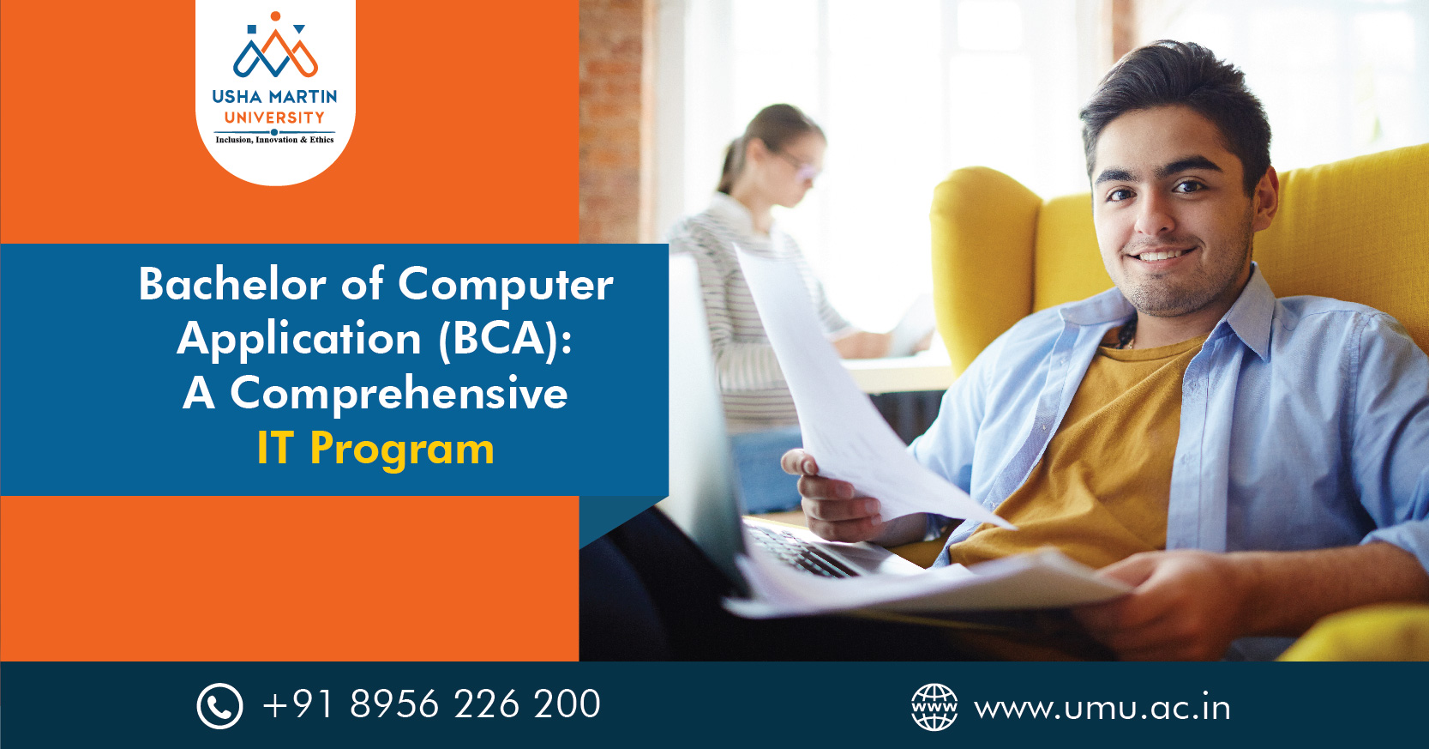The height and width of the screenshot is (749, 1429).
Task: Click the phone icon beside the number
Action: [219, 706]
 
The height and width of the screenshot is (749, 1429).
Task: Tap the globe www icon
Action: [934, 707]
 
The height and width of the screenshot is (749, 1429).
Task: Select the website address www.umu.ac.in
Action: [1102, 709]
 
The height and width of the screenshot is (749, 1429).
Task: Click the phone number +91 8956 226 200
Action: [431, 704]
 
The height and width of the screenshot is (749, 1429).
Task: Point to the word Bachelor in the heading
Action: [232, 284]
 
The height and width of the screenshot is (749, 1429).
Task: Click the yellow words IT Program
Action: [375, 449]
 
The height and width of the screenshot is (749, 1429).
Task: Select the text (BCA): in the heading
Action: [504, 338]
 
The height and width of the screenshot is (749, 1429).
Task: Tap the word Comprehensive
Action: [399, 394]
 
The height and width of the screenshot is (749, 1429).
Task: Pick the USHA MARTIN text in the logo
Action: [274, 97]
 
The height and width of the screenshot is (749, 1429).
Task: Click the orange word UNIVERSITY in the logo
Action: [274, 118]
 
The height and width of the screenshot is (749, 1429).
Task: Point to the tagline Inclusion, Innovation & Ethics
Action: [274, 140]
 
